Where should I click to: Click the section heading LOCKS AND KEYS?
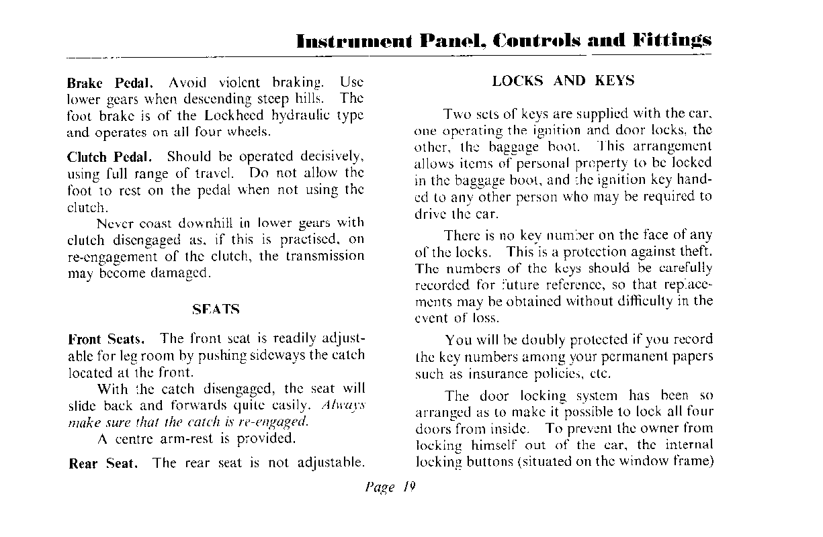click(x=563, y=81)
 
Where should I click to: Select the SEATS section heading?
click(x=216, y=309)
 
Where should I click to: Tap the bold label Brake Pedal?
click(x=110, y=83)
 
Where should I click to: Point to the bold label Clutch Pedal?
click(x=110, y=157)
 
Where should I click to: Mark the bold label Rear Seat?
click(x=103, y=463)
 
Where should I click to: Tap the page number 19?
click(x=409, y=488)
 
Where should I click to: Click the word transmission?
click(x=324, y=256)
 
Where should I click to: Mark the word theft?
click(x=697, y=252)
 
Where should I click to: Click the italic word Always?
click(x=343, y=406)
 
